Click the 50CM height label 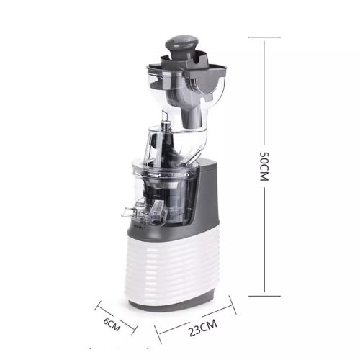pos(264,166)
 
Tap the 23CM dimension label pos(203,328)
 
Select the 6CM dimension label pos(112,325)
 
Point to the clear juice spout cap pos(158,211)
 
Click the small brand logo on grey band pos(138,225)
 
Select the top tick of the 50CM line pos(264,37)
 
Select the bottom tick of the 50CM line pos(264,296)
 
